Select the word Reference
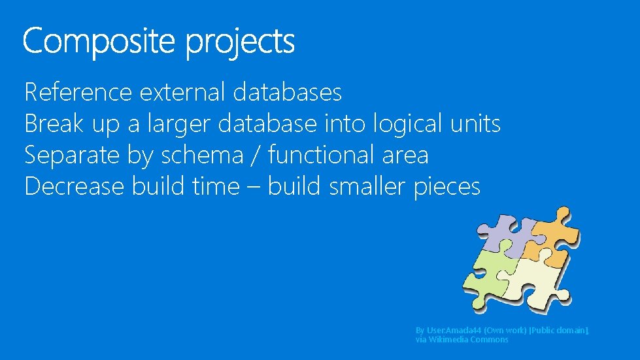pos(78,92)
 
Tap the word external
pos(182,92)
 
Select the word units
pos(476,123)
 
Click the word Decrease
pos(74,187)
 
